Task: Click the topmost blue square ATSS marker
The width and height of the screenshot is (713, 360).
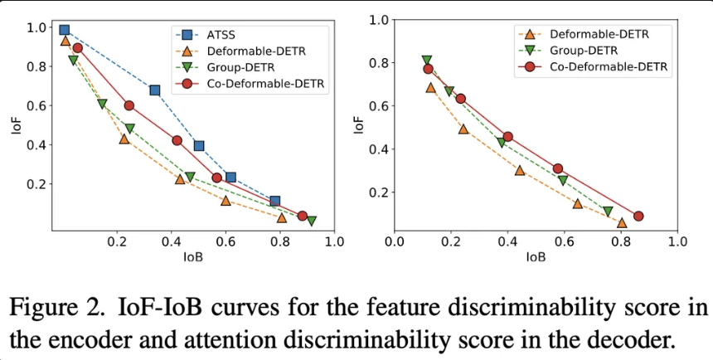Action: (65, 30)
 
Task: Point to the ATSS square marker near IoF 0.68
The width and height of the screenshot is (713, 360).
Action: (154, 90)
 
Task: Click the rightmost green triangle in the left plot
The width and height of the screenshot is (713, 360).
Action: (312, 221)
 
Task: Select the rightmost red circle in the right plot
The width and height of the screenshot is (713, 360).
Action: (638, 216)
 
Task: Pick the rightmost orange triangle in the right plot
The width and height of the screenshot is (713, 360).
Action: (622, 222)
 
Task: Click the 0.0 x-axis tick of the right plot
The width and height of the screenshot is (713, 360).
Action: (394, 241)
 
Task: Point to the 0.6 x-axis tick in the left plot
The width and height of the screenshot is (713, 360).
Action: (226, 241)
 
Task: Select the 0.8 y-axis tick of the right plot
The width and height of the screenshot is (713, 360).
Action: (377, 63)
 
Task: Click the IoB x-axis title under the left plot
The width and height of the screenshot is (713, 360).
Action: (193, 257)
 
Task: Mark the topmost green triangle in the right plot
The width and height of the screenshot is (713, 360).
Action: (427, 61)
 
